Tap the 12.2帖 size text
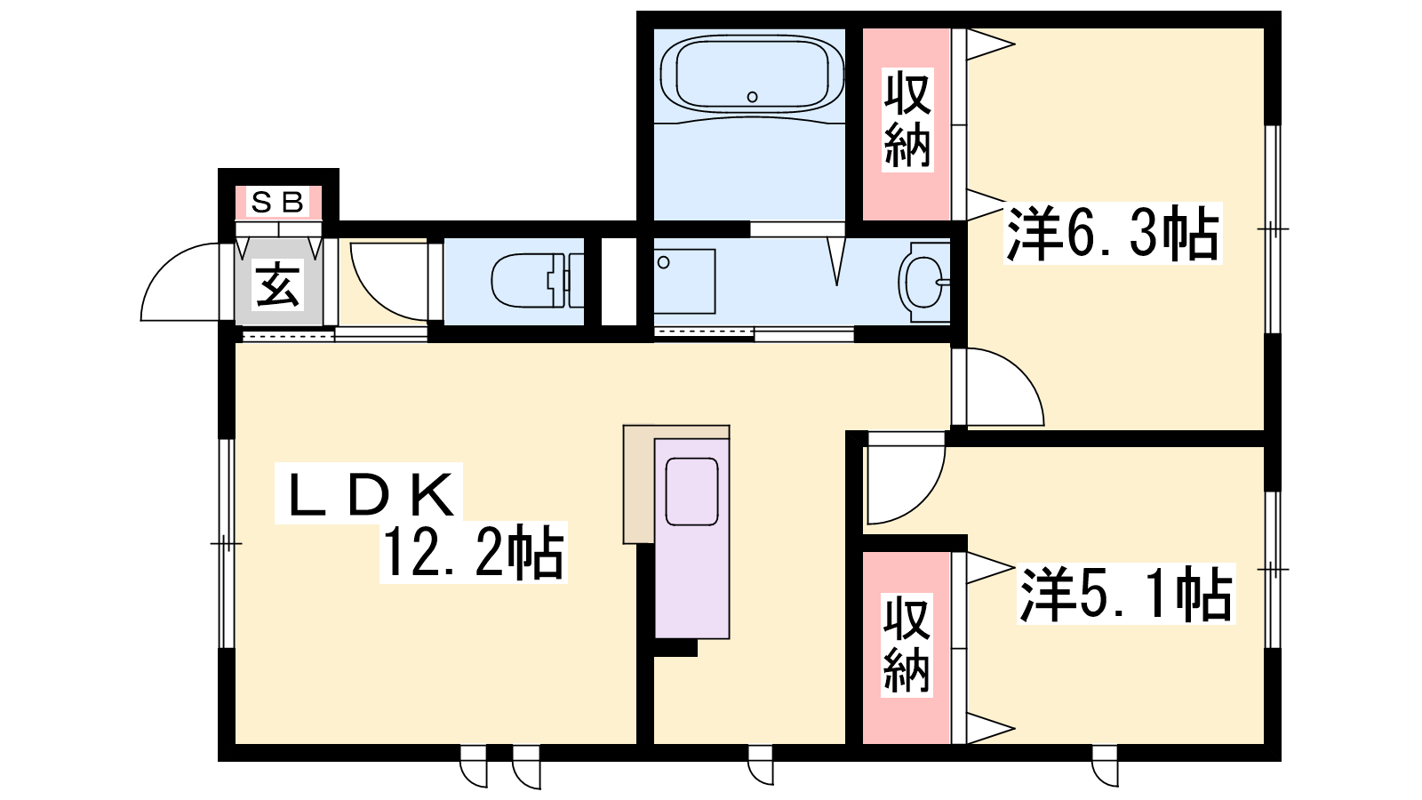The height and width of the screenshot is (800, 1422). [x=474, y=552]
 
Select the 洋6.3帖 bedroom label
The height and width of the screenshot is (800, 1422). [x=1112, y=233]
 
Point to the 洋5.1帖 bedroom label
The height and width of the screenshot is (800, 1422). [x=1125, y=594]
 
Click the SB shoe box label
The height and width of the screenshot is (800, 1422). [x=279, y=203]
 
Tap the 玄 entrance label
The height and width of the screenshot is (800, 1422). [x=277, y=285]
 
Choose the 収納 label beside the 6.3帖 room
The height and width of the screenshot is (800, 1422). [x=907, y=120]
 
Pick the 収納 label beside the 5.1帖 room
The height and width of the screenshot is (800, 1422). [x=907, y=644]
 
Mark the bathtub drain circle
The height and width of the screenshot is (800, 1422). [x=752, y=97]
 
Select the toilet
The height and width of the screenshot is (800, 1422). [x=537, y=280]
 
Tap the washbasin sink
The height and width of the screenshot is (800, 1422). [x=924, y=282]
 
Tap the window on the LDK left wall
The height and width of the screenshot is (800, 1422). [x=227, y=543]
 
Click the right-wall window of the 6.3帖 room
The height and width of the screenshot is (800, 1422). [x=1273, y=229]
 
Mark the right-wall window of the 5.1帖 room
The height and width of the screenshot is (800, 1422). [x=1273, y=570]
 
